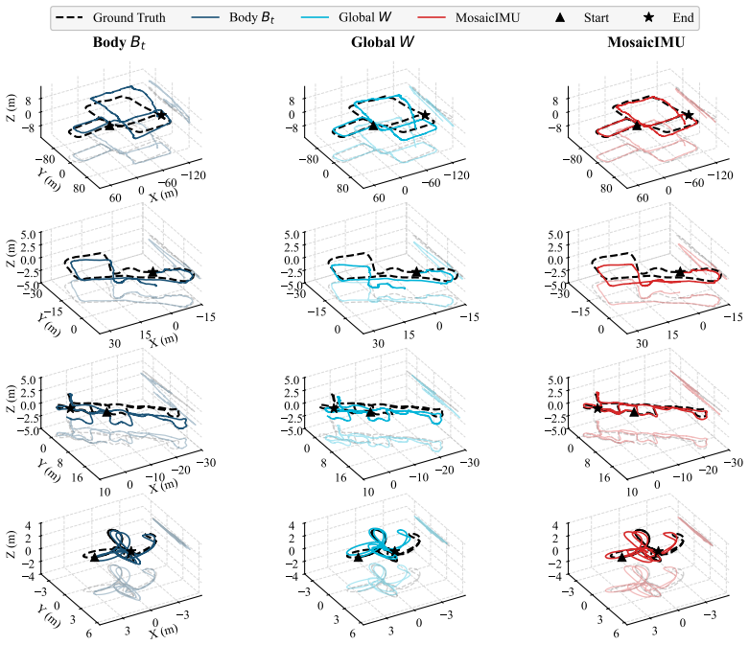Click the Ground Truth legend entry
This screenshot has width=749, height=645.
(x=110, y=17)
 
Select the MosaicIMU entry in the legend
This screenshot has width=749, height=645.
(x=469, y=17)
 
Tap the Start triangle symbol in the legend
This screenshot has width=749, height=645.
(x=560, y=17)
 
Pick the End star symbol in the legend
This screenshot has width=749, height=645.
(x=648, y=17)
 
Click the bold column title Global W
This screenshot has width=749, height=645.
(x=382, y=42)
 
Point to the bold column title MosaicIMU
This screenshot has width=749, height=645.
(x=645, y=42)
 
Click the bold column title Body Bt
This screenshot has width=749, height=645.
(x=119, y=42)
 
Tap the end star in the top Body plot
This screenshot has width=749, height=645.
(x=161, y=115)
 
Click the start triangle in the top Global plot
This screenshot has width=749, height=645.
(x=373, y=126)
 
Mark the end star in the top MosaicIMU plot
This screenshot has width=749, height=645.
(x=689, y=115)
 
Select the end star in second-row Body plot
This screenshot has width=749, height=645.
(x=152, y=272)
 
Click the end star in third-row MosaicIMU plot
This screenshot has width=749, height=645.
(x=597, y=408)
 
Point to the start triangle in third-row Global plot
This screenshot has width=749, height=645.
(x=370, y=411)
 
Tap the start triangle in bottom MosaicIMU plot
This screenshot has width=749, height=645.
(x=621, y=557)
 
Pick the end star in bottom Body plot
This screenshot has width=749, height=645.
(x=130, y=551)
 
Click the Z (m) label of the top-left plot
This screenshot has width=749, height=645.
(x=11, y=107)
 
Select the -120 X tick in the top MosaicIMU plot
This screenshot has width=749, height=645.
(x=720, y=175)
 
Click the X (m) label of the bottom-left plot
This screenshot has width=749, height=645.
(x=163, y=632)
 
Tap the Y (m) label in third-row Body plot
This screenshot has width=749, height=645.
(x=49, y=471)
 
